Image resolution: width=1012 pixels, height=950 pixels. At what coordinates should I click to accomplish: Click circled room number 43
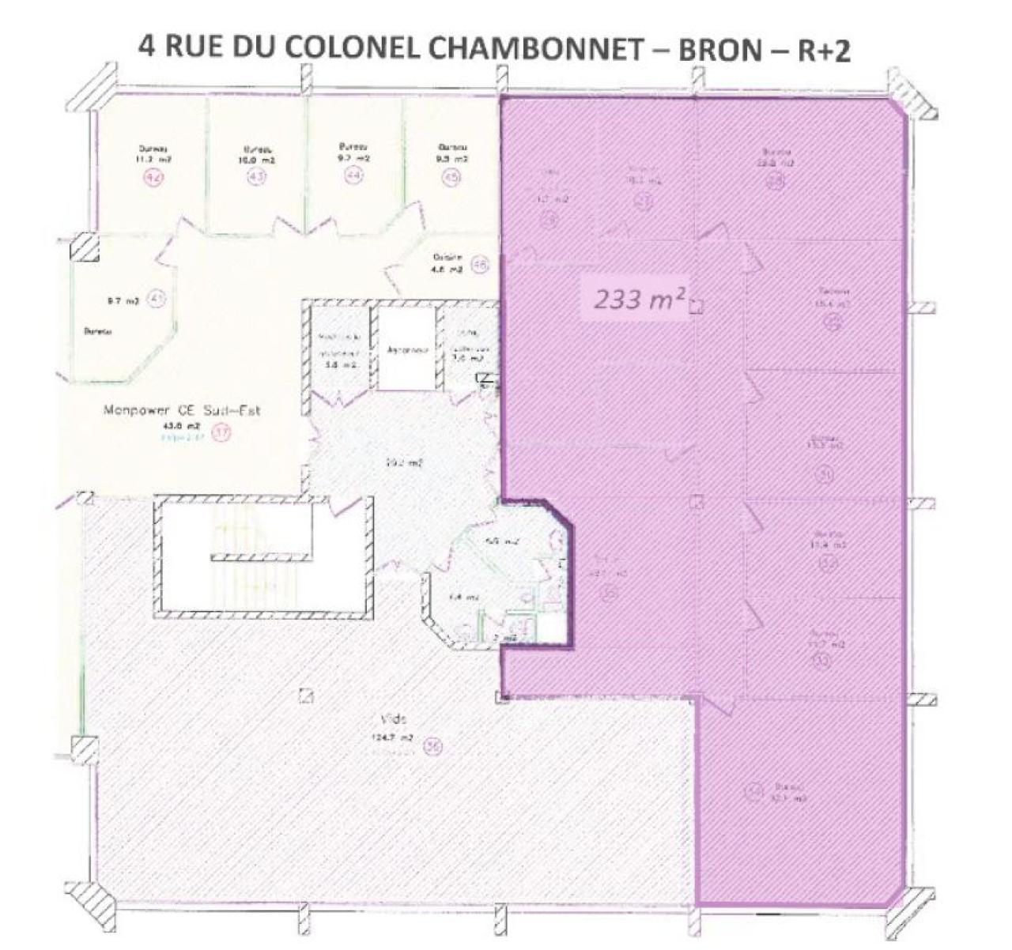click(x=255, y=178)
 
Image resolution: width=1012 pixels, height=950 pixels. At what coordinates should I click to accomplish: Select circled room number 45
click(x=452, y=178)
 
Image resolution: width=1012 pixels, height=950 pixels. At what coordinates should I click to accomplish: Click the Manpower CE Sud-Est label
click(x=181, y=411)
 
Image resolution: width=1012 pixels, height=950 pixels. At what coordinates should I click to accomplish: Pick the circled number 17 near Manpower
click(x=222, y=433)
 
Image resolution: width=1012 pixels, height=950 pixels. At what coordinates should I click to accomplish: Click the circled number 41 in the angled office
click(x=157, y=299)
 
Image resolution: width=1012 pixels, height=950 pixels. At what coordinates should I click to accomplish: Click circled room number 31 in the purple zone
click(x=826, y=473)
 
